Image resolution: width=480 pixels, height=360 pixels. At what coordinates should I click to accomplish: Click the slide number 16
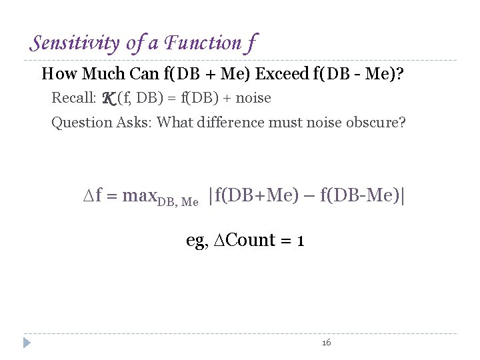326,343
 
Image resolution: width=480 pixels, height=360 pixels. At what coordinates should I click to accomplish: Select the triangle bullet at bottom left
27,343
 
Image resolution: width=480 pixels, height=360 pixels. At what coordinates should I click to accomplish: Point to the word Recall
73,98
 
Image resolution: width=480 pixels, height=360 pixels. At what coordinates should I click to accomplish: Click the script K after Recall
109,99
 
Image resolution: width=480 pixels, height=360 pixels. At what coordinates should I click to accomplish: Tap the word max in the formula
139,196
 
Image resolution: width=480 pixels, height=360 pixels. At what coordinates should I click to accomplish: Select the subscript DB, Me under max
178,201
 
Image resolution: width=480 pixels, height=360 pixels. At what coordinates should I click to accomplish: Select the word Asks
133,123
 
